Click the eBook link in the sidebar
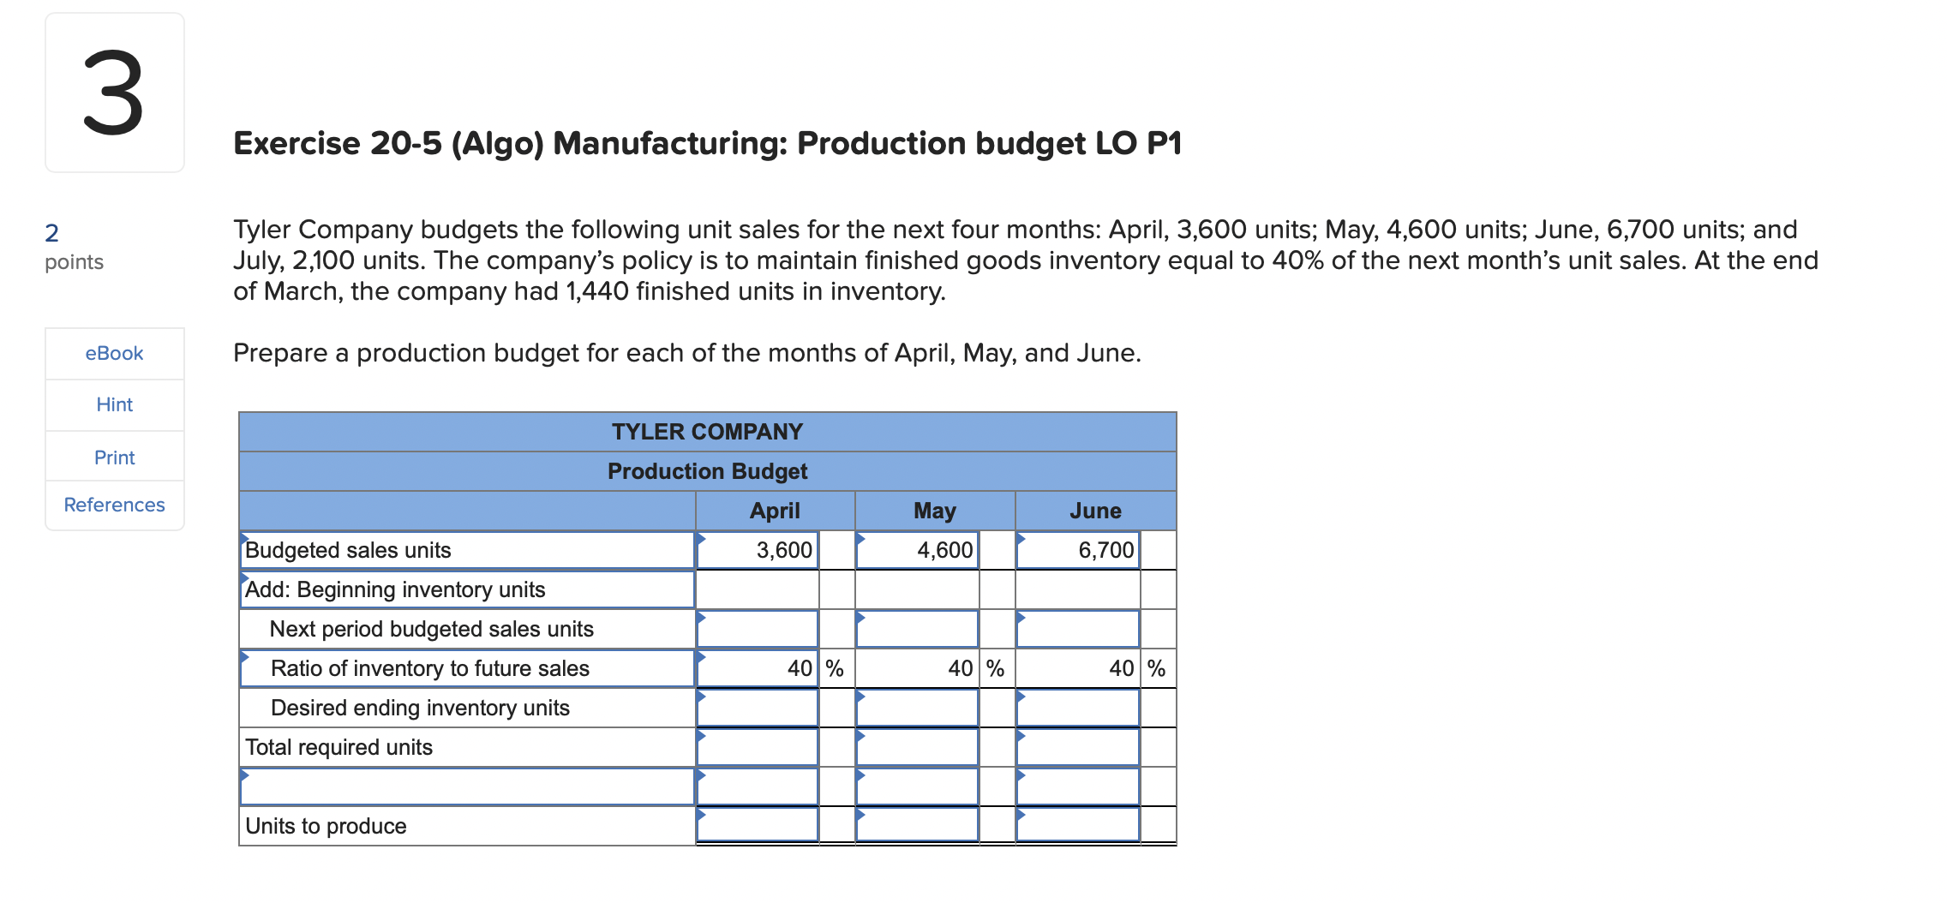(114, 353)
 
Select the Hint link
(114, 404)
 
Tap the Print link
(114, 457)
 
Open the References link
(114, 505)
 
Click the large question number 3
(114, 93)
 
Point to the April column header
(775, 511)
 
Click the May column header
(934, 511)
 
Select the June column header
(1095, 511)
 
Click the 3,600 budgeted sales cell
(758, 550)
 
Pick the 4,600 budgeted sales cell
(918, 550)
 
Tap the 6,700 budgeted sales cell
(1078, 550)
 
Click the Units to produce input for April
(758, 825)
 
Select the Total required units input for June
(1078, 747)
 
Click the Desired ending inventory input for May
(918, 708)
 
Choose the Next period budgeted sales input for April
(758, 629)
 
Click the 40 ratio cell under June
(1078, 668)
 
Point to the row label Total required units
(338, 747)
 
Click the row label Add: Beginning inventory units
(395, 589)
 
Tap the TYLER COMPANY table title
(707, 432)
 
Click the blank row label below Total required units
(467, 786)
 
